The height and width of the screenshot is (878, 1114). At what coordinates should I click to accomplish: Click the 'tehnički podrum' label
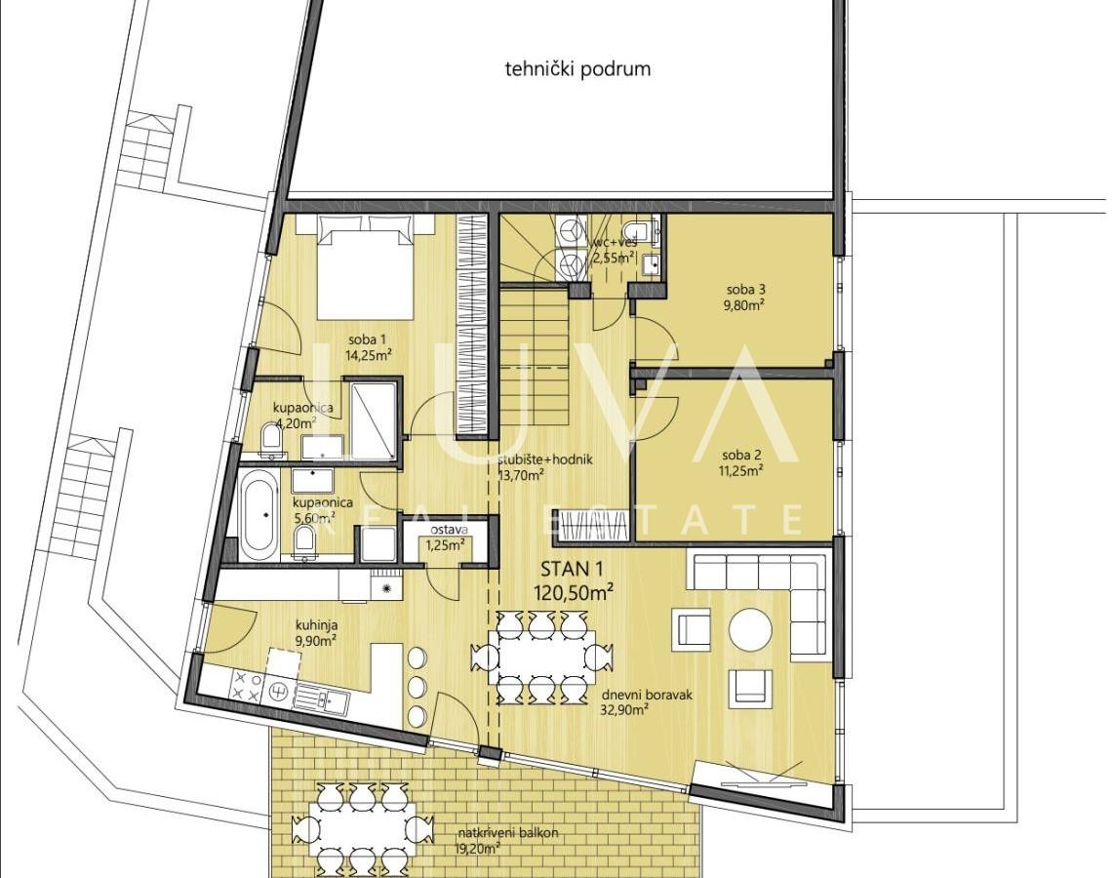click(x=577, y=69)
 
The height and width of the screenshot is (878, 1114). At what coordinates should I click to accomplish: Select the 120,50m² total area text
click(x=574, y=593)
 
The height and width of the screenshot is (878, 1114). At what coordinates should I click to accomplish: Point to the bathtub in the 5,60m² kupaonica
click(x=258, y=516)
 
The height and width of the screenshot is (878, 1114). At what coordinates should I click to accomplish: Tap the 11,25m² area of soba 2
click(x=741, y=469)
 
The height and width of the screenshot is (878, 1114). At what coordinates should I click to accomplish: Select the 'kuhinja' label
click(x=316, y=626)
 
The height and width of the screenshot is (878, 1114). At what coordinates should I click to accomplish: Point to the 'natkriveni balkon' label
click(x=507, y=833)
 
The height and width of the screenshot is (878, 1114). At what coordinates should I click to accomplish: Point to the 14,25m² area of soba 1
click(x=369, y=354)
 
